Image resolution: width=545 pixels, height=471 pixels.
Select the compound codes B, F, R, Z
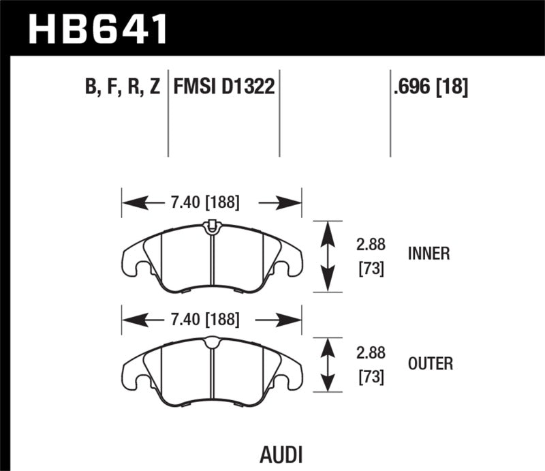click(x=121, y=87)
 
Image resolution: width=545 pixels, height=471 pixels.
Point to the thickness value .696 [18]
click(x=430, y=87)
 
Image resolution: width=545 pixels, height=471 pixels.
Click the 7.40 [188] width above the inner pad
click(x=202, y=202)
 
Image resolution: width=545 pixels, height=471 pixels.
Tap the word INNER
click(x=429, y=254)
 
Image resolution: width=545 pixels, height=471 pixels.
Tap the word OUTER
click(x=431, y=364)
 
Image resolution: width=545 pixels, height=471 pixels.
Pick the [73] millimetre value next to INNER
click(x=371, y=269)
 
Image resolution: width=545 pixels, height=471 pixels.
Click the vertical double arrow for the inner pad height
click(x=328, y=256)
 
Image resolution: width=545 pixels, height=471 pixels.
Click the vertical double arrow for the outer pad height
click(x=328, y=365)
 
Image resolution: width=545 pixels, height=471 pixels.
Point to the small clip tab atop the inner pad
click(x=211, y=224)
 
